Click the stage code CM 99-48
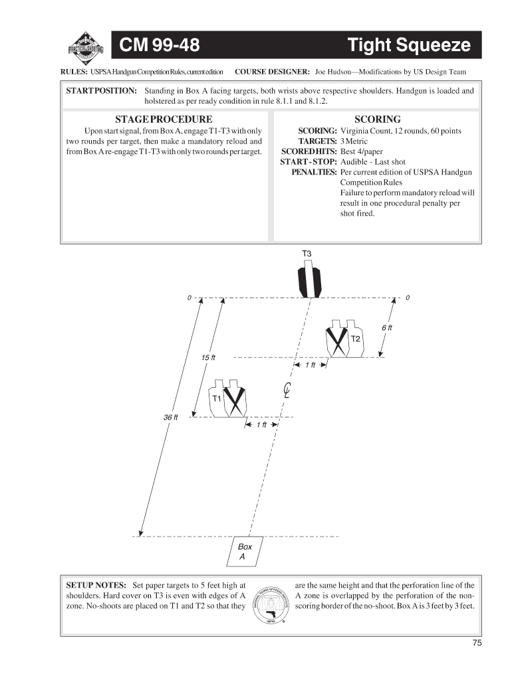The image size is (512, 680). tap(160, 45)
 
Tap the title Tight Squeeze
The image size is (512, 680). tap(409, 45)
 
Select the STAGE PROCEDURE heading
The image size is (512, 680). tap(164, 120)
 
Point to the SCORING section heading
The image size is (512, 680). tap(378, 120)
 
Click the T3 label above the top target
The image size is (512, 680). tap(307, 254)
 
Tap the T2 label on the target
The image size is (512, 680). tap(355, 339)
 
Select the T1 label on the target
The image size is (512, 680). tap(216, 398)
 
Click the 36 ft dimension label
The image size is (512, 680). tap(171, 417)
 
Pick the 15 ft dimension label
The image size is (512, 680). tap(208, 358)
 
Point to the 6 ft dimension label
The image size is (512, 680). tap(387, 327)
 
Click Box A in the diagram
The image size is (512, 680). tap(245, 551)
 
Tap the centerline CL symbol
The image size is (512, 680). tap(287, 390)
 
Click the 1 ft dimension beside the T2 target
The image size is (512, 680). tap(311, 365)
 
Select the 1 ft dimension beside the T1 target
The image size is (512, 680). tap(261, 424)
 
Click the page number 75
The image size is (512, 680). tap(477, 643)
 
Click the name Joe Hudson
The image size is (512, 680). tap(332, 72)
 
